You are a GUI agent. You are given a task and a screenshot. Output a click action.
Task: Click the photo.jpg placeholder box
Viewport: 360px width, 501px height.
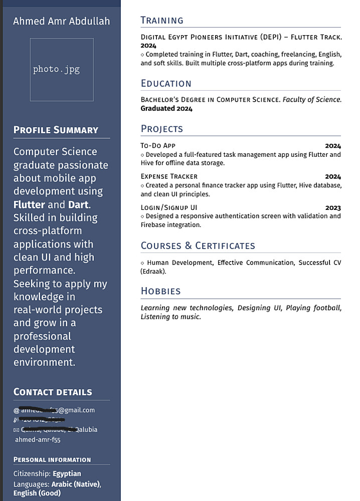point(62,70)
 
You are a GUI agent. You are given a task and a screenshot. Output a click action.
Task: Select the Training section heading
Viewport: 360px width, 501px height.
point(162,21)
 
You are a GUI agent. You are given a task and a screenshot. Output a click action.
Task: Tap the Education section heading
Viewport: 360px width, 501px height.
point(166,84)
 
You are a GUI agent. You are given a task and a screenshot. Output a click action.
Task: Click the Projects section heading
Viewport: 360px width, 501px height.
point(161,129)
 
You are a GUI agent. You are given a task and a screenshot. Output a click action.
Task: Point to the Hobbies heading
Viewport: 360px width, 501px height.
point(160,291)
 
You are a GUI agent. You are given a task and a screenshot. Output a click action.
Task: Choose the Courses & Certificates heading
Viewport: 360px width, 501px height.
point(198,246)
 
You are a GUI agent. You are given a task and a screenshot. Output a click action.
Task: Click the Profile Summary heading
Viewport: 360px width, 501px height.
point(56,130)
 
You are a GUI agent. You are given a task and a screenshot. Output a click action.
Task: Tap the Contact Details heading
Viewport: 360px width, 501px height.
point(53,392)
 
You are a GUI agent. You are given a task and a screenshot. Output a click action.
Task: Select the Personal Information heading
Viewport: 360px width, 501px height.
point(52,459)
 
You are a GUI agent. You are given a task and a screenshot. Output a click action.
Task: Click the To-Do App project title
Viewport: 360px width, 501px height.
point(158,146)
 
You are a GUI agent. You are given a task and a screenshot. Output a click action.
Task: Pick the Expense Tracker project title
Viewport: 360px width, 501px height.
point(169,176)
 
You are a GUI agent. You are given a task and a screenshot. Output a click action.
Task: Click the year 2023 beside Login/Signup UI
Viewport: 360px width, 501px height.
point(333,208)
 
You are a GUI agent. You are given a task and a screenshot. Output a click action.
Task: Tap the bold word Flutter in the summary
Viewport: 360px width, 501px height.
point(29,204)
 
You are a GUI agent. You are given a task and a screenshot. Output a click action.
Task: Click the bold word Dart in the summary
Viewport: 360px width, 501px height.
point(78,204)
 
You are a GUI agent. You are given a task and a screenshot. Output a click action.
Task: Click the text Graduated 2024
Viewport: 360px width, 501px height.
point(166,108)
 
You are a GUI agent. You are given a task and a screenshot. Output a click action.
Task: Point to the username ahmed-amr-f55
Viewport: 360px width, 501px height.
point(38,439)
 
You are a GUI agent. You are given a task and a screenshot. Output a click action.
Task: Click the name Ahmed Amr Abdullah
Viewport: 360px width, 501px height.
point(61,21)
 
